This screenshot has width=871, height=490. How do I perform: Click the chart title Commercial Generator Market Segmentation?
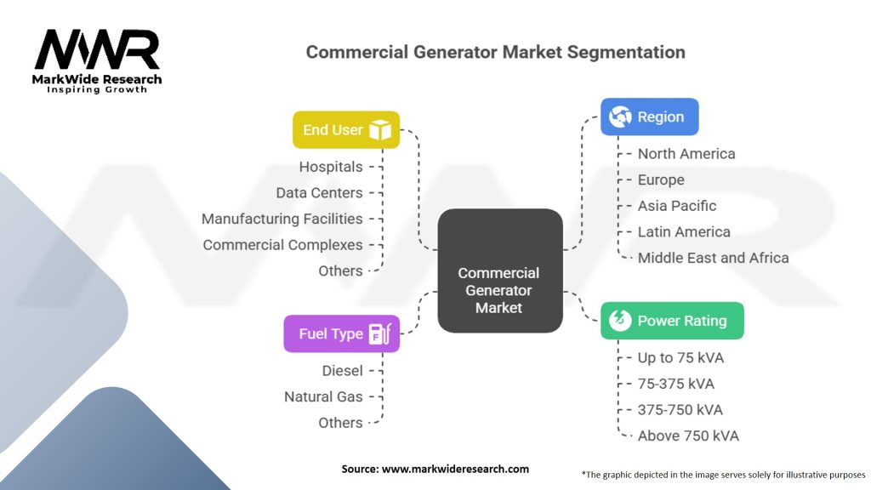(495, 52)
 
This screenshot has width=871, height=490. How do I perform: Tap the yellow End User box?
(345, 130)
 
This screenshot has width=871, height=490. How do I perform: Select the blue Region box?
(649, 117)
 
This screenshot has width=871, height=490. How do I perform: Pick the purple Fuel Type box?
(341, 333)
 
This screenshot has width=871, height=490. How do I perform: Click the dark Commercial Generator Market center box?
(499, 271)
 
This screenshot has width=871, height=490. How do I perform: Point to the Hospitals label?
(331, 167)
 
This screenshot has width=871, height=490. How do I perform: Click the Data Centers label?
(319, 193)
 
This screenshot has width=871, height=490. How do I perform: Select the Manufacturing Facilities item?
(282, 219)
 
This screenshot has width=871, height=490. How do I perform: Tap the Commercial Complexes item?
(282, 245)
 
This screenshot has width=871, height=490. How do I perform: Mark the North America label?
(686, 154)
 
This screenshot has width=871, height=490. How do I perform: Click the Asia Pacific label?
(677, 206)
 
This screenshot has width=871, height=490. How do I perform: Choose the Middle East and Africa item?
(713, 258)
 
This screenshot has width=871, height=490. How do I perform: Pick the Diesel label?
(342, 371)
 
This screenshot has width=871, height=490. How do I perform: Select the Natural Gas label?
(323, 396)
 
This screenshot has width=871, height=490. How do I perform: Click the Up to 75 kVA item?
(680, 358)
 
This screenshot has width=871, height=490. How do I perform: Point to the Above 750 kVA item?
(688, 436)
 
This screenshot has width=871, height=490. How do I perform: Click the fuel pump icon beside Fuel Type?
(380, 333)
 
